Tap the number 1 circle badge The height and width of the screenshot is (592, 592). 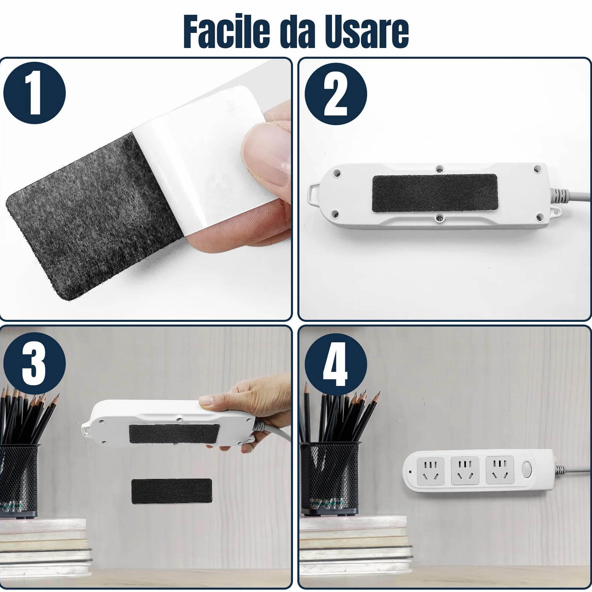click(x=35, y=93)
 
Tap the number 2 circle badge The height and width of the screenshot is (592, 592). click(x=336, y=94)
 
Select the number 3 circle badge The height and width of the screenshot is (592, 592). click(x=35, y=363)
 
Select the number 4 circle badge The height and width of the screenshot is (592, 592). click(x=336, y=364)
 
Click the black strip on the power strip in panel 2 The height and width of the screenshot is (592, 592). click(x=435, y=193)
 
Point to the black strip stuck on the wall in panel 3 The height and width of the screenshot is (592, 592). click(x=171, y=491)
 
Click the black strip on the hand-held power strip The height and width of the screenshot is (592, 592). click(x=174, y=434)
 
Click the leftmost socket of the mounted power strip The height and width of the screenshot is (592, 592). click(x=431, y=471)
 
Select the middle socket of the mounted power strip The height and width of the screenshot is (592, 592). click(x=465, y=470)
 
